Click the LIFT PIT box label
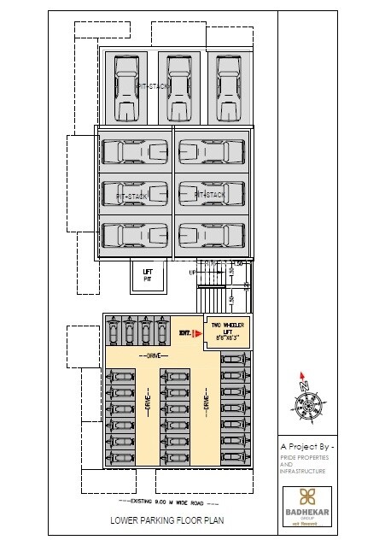point(147,275)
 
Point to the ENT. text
point(184,332)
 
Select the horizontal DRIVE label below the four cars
point(155,355)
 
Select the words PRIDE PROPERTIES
point(304,458)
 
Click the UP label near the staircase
point(193,272)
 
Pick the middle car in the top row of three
point(178,87)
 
